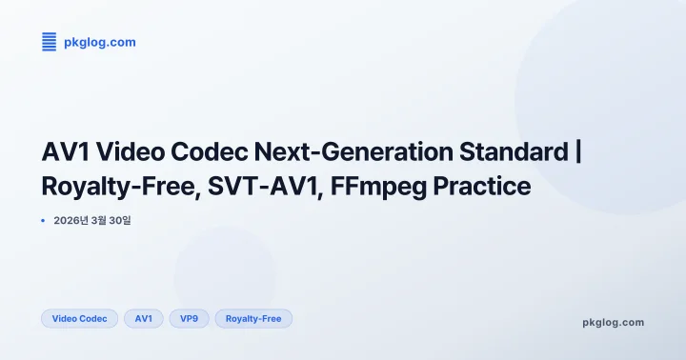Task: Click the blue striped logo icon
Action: point(50,41)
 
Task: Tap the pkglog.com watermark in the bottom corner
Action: point(613,322)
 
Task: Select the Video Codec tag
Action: point(79,318)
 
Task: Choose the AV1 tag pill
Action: point(143,318)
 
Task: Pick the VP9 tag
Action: point(189,318)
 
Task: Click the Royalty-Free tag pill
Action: point(253,318)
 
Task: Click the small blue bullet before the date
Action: point(44,221)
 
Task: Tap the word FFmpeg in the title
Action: point(372,187)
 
